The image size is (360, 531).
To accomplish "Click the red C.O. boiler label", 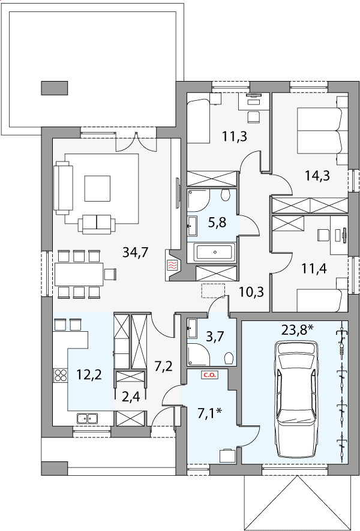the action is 210,375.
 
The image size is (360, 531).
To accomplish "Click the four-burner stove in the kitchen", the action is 60,376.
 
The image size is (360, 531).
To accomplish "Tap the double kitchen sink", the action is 88,419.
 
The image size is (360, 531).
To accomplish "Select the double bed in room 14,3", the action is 322,131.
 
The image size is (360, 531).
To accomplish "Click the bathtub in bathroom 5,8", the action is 214,252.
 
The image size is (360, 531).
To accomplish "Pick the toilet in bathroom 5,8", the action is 225,195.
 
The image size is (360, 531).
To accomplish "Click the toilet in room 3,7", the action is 229,358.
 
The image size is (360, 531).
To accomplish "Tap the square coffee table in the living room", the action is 97,188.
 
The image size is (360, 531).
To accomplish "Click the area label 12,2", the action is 89,375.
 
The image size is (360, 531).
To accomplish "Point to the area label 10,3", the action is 251,290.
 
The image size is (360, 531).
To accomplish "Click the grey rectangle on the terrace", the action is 55,88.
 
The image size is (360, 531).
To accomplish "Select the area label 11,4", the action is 314,269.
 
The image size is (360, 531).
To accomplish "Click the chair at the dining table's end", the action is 110,274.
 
